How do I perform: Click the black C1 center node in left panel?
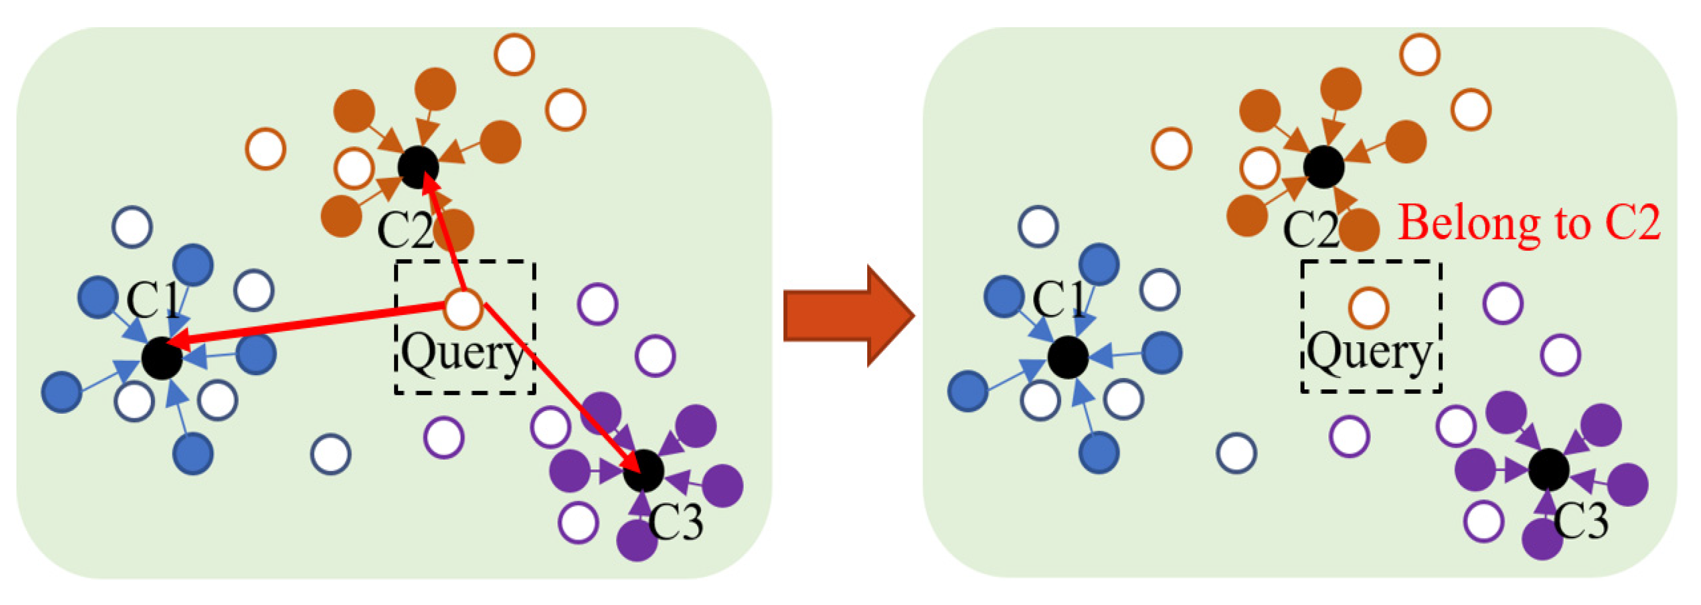162,358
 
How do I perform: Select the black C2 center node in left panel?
418,166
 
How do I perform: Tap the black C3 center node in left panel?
643,471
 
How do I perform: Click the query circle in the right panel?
1368,308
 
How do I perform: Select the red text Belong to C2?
1529,223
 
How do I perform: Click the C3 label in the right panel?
1580,520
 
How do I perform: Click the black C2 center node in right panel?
1324,166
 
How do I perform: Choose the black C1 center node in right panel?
1068,358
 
